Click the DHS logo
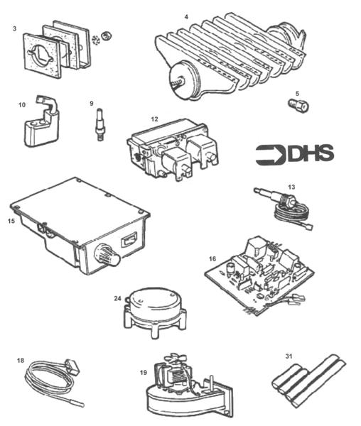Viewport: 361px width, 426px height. coord(294,154)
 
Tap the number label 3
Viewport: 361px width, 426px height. coord(14,28)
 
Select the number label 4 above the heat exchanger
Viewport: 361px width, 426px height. coord(186,16)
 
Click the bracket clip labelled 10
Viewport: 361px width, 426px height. coord(41,128)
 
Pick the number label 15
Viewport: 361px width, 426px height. coord(11,222)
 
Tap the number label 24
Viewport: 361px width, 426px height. coord(118,298)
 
